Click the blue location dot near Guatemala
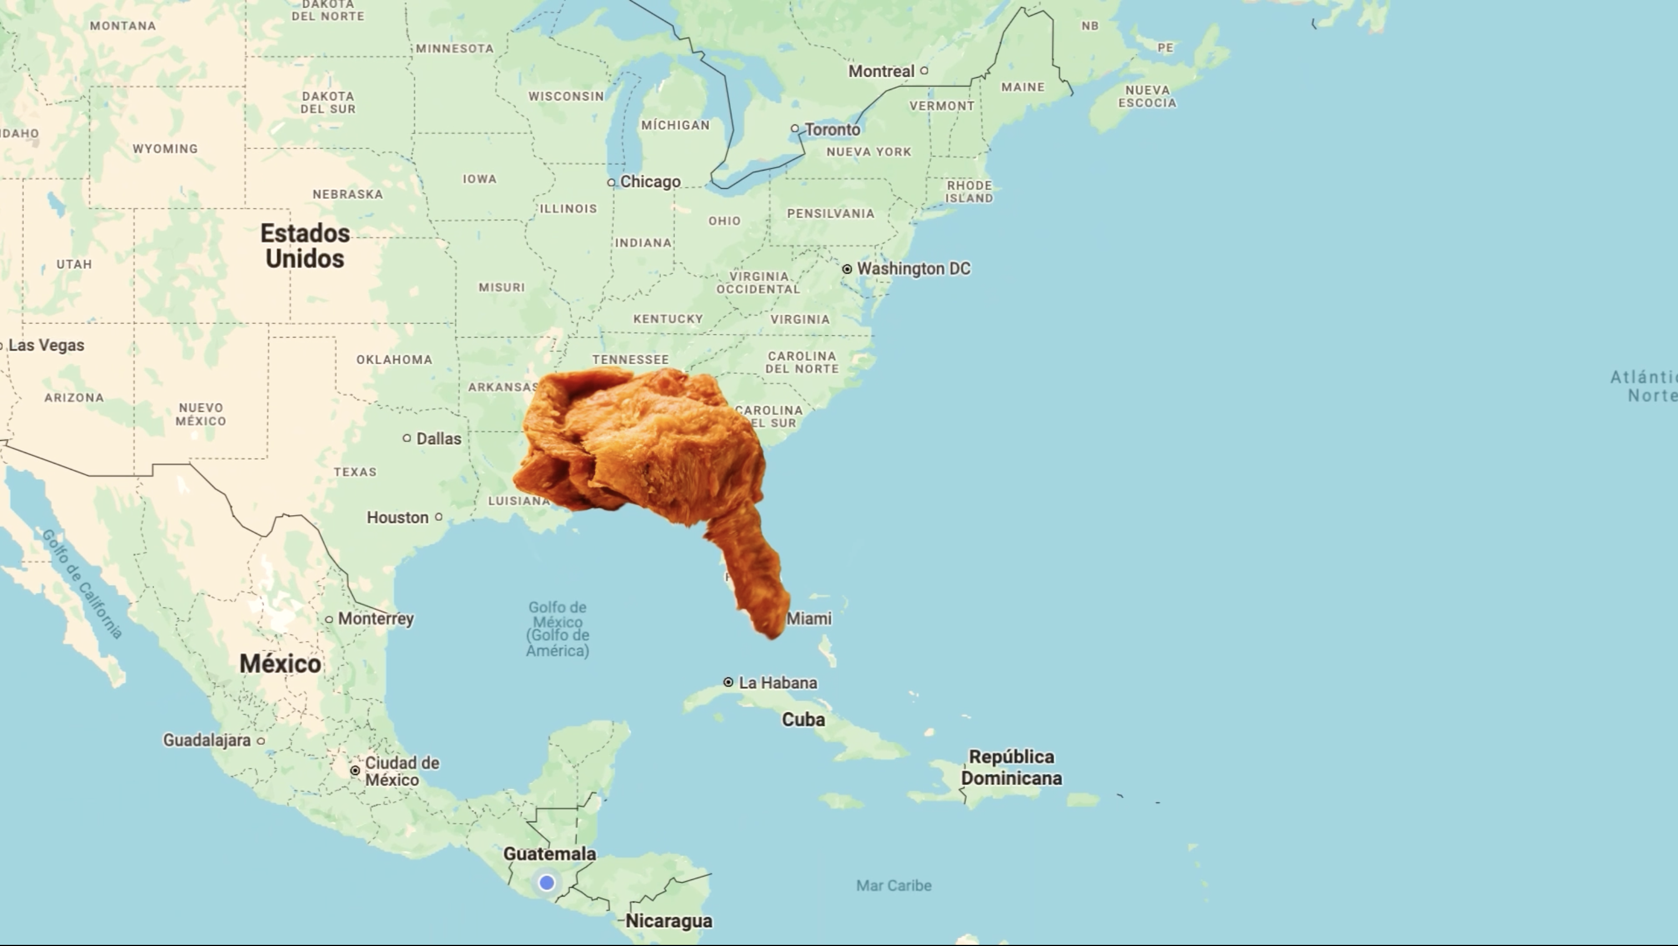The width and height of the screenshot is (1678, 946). pyautogui.click(x=547, y=883)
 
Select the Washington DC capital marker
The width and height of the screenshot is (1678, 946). pyautogui.click(x=847, y=269)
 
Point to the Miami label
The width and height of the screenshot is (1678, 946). pyautogui.click(x=809, y=618)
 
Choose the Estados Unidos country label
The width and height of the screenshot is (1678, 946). pyautogui.click(x=305, y=245)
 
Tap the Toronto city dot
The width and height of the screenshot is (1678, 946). pyautogui.click(x=795, y=129)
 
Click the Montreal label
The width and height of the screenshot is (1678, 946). pyautogui.click(x=881, y=71)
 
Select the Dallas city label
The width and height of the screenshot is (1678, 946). pyautogui.click(x=438, y=439)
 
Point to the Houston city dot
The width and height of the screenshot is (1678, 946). pyautogui.click(x=438, y=517)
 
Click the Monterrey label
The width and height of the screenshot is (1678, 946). pyautogui.click(x=376, y=618)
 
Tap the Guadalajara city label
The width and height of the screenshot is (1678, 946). pyautogui.click(x=206, y=740)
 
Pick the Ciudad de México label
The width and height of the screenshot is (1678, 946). pyautogui.click(x=401, y=771)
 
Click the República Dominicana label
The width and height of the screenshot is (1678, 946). pyautogui.click(x=1011, y=767)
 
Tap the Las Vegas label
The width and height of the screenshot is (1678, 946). pyautogui.click(x=46, y=345)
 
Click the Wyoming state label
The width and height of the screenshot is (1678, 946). pyautogui.click(x=165, y=149)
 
